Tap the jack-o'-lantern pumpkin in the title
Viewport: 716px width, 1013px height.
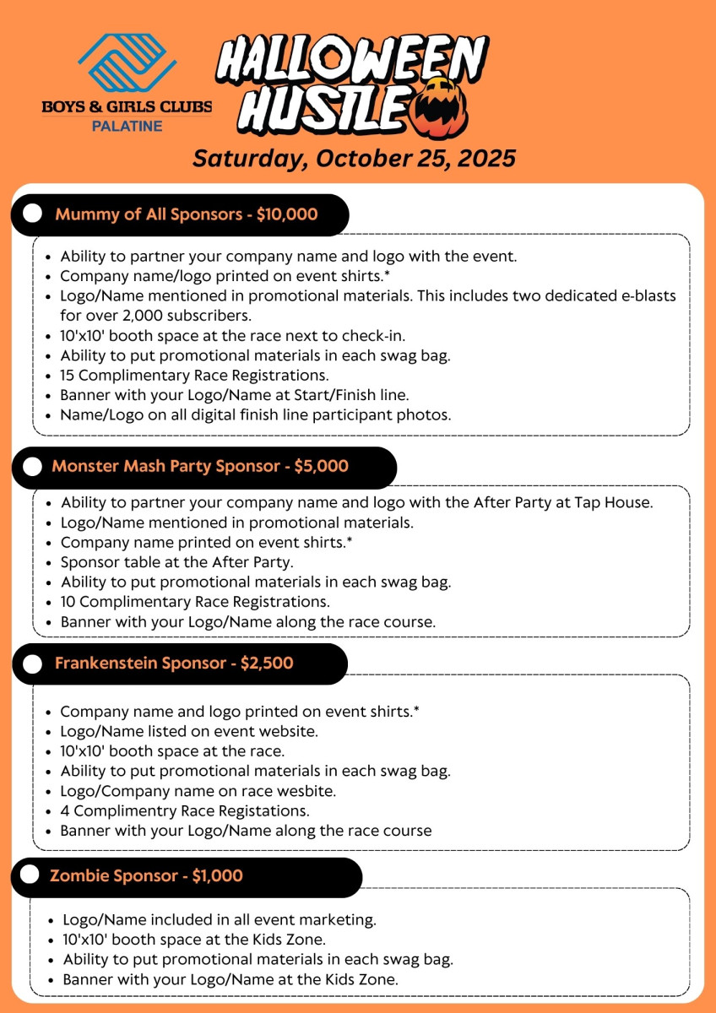coord(438,106)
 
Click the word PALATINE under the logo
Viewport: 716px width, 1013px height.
coord(127,126)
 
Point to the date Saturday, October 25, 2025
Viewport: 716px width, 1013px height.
coord(354,158)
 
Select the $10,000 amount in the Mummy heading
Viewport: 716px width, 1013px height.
coord(287,214)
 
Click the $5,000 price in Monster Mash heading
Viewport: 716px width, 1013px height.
coord(321,467)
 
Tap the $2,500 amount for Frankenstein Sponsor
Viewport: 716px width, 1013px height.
coord(267,664)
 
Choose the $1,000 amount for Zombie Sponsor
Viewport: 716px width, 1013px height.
coord(217,876)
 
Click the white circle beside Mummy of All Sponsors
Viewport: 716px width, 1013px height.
coord(33,214)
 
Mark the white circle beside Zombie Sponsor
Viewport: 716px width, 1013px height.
coord(31,876)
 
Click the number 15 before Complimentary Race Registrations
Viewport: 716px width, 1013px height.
coord(68,375)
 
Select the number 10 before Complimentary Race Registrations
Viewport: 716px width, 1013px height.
coord(68,602)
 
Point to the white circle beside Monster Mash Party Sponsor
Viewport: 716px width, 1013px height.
coord(33,467)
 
